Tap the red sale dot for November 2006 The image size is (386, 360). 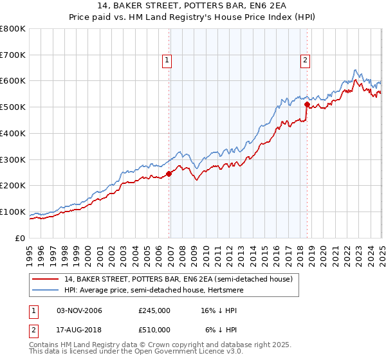click(x=169, y=174)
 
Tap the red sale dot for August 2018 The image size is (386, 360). click(x=307, y=104)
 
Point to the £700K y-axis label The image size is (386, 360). click(x=14, y=55)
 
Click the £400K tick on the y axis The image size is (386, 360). click(x=14, y=133)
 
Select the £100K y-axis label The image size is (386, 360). click(x=14, y=212)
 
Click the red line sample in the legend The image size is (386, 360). click(x=46, y=279)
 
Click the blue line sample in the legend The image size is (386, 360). click(x=46, y=289)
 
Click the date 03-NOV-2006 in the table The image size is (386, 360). click(x=79, y=310)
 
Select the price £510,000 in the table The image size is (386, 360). click(x=154, y=329)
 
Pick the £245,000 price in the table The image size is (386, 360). click(x=154, y=310)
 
